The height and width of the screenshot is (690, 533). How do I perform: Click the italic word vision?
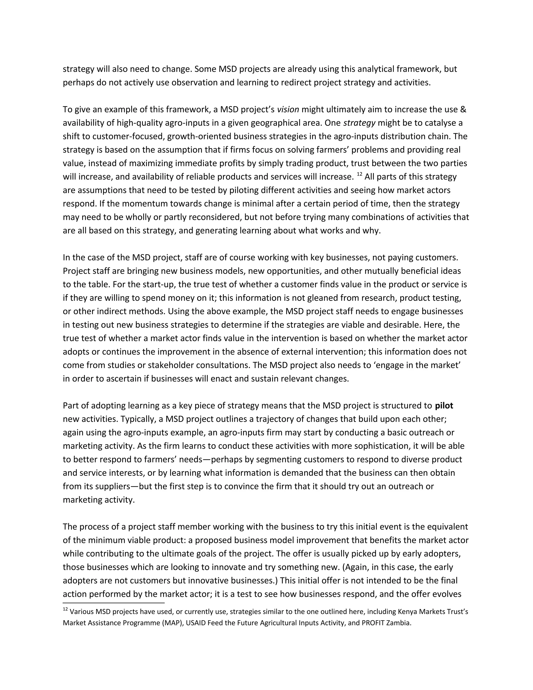click(x=288, y=110)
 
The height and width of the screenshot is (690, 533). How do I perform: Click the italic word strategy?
click(x=359, y=123)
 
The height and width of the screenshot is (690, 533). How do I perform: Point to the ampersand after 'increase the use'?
click(x=463, y=110)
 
